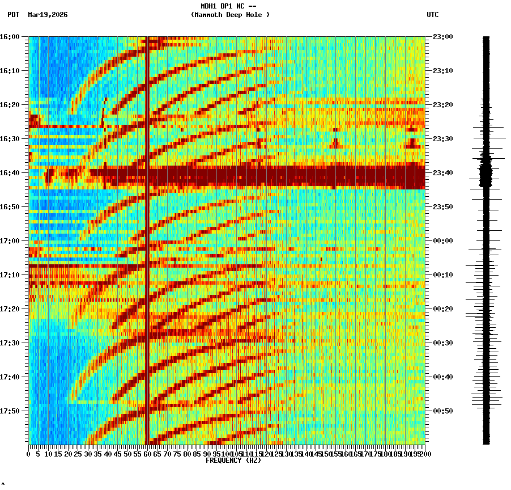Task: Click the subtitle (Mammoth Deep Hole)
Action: pos(230,15)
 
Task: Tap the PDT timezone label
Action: pos(13,15)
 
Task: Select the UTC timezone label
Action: pos(433,15)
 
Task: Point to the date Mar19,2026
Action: pos(48,15)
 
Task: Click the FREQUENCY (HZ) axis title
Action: pos(233,461)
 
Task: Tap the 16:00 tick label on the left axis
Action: pos(10,37)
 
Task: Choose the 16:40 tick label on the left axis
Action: pos(10,173)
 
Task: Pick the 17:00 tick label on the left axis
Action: pos(10,241)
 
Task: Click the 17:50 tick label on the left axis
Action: pos(10,411)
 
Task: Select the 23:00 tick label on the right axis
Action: pos(442,37)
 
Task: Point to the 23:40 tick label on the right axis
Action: pos(442,173)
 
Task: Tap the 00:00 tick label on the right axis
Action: pos(442,241)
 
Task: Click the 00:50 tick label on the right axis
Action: pos(442,411)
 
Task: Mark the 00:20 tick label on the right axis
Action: pos(442,309)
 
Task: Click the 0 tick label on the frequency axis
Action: pos(29,454)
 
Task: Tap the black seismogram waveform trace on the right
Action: pos(486,238)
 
